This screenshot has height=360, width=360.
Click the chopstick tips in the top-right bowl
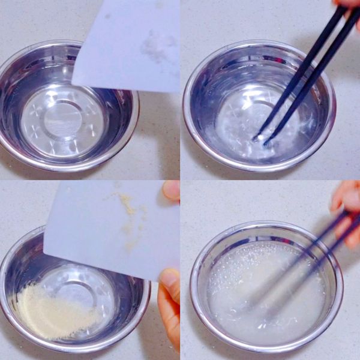click(x=260, y=139)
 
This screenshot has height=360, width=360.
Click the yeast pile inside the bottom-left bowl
click(x=51, y=312)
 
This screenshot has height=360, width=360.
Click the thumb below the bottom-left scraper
click(x=170, y=288)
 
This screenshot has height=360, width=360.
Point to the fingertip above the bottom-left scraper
click(x=171, y=191)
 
